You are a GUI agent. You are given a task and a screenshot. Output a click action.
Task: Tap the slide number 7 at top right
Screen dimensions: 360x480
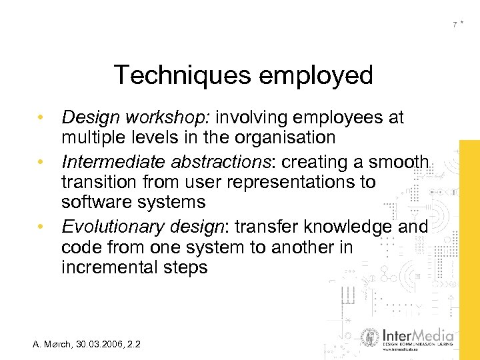tap(455, 25)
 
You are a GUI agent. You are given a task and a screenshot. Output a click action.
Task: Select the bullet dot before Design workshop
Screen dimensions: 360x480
tap(41, 119)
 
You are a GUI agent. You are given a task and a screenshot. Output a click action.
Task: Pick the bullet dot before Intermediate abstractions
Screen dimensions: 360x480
tap(41, 162)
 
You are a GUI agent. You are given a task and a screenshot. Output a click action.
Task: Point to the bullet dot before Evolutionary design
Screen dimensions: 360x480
tap(41, 227)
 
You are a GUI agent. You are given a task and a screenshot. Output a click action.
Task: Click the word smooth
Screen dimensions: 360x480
tap(399, 161)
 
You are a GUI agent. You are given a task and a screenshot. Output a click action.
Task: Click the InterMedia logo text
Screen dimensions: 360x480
tap(418, 335)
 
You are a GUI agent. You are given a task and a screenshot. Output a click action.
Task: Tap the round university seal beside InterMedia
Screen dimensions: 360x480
tap(370, 338)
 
